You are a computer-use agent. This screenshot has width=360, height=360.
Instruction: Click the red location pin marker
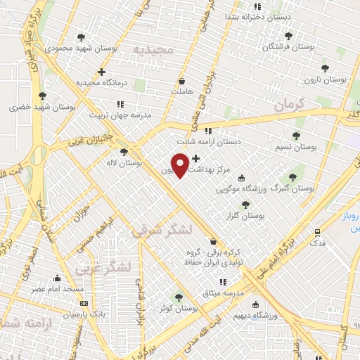click(x=180, y=165)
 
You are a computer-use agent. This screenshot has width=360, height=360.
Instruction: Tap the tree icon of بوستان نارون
click(x=324, y=68)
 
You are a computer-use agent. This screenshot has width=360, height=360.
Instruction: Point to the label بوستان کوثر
click(x=179, y=308)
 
